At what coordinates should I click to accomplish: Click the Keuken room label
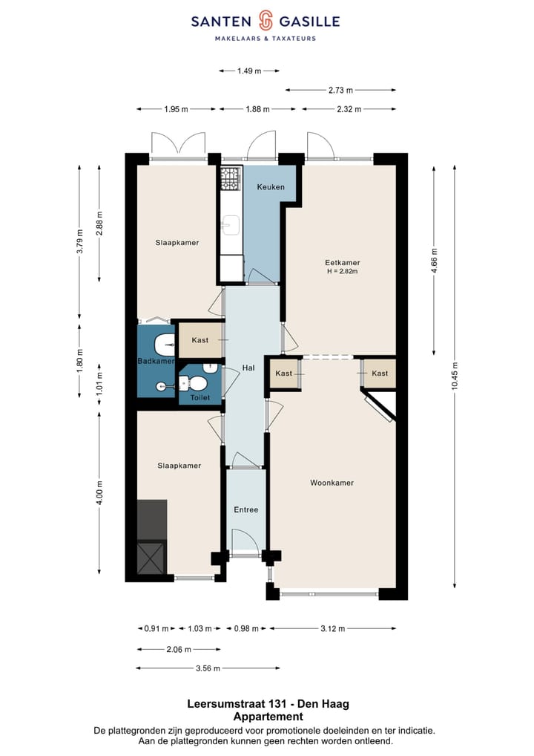tap(271, 187)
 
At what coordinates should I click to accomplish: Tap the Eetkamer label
tap(342, 262)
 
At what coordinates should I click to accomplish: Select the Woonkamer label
tap(332, 483)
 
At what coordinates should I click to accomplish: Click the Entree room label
tap(246, 509)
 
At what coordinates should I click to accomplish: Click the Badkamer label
tap(156, 361)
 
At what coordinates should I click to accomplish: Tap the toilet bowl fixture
tap(195, 383)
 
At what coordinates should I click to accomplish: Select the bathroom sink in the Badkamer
tap(162, 345)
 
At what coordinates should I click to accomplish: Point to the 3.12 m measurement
tap(332, 628)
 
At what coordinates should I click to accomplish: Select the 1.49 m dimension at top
tap(249, 71)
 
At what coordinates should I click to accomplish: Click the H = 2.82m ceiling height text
tap(342, 272)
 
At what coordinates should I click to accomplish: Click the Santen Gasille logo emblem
tap(266, 21)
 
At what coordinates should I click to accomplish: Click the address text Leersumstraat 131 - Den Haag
tap(268, 703)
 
